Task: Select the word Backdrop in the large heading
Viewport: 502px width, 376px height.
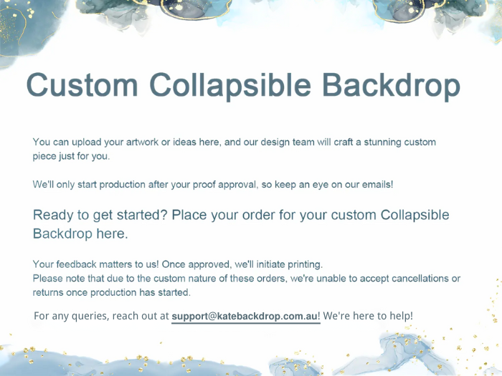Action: click(x=391, y=85)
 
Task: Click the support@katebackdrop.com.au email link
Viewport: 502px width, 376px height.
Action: click(x=245, y=316)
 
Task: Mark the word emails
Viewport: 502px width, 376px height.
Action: click(x=374, y=184)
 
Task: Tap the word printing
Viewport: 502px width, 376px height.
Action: click(x=303, y=264)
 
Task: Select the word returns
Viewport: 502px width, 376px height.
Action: click(x=49, y=292)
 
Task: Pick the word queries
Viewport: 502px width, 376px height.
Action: click(x=90, y=316)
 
